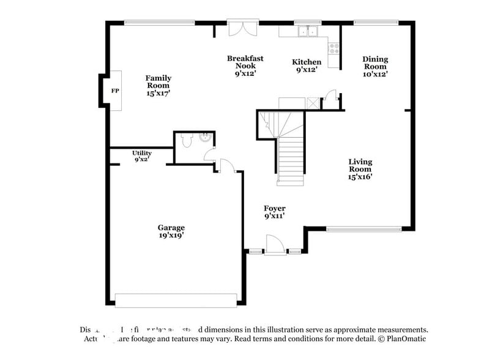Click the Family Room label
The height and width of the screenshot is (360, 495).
(x=158, y=85)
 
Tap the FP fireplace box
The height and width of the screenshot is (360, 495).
(x=114, y=91)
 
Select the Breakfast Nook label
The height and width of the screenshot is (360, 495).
(x=245, y=66)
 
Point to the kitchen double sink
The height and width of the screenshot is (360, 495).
(x=308, y=31)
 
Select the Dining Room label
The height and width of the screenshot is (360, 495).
(x=376, y=66)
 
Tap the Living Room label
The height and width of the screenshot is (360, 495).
(x=360, y=169)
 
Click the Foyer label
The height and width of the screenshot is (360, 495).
(x=274, y=212)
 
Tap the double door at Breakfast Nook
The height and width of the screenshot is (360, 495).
(x=242, y=28)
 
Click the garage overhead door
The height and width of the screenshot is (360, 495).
(x=176, y=300)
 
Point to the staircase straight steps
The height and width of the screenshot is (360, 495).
(x=291, y=159)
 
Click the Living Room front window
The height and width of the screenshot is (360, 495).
(x=363, y=230)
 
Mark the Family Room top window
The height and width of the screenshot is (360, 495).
(x=159, y=23)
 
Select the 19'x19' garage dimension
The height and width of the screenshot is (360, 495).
(x=171, y=235)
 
